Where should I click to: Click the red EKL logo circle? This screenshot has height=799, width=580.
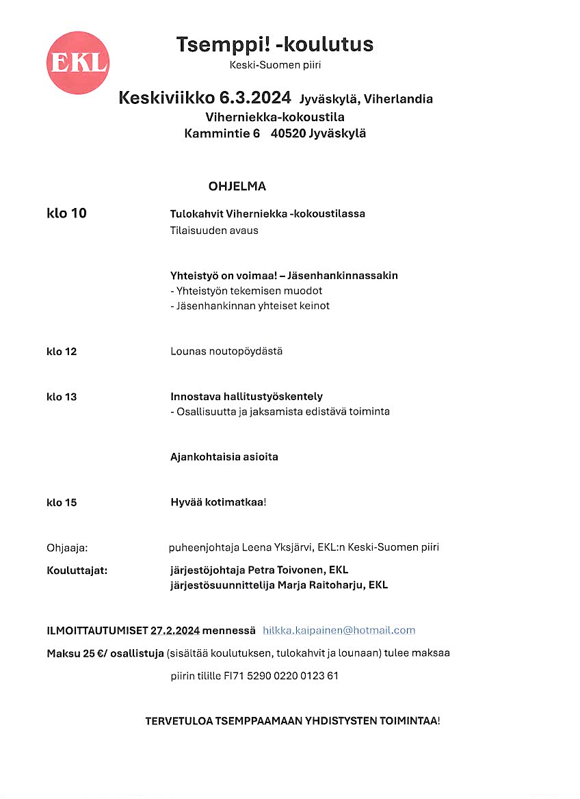78,63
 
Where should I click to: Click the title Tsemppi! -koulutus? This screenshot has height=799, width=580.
275,45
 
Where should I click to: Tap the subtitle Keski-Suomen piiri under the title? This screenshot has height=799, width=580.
275,66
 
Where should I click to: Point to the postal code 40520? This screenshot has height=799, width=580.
287,133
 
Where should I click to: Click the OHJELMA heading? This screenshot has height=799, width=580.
237,186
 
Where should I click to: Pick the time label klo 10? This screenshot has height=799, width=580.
66,213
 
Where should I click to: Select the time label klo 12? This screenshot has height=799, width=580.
62,352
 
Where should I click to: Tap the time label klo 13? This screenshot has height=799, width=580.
62,397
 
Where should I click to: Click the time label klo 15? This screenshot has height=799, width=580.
62,503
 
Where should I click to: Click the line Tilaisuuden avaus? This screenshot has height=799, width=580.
214,231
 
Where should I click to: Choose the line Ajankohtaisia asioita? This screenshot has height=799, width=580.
224,457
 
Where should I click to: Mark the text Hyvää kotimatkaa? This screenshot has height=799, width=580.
218,502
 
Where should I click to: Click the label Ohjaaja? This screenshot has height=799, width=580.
68,547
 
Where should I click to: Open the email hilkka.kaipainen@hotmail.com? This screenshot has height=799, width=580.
339,630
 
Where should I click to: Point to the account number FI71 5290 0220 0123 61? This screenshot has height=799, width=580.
281,676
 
